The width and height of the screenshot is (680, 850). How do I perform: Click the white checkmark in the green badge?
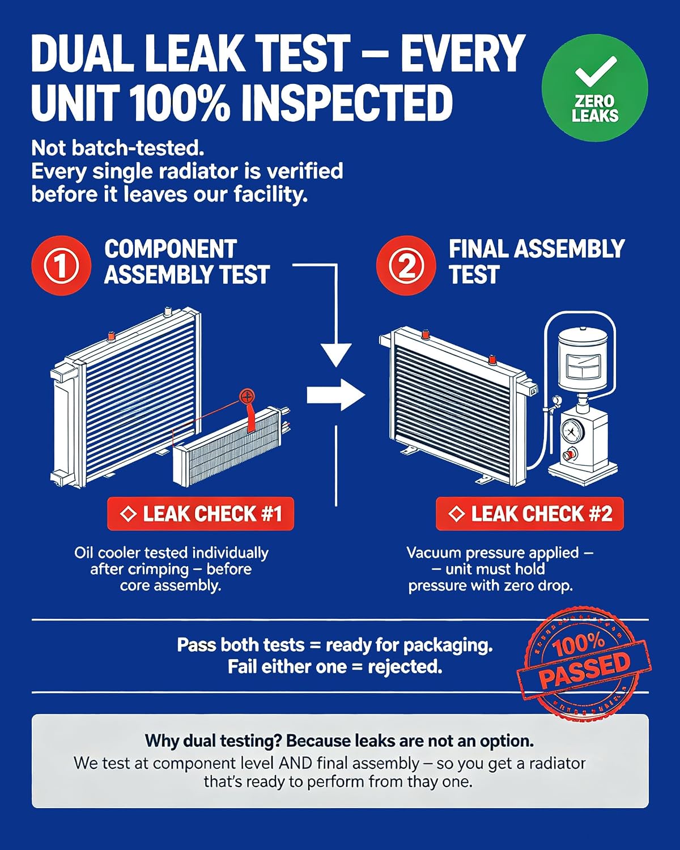pyautogui.click(x=595, y=71)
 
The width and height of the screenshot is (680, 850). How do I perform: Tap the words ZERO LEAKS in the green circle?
pyautogui.click(x=595, y=109)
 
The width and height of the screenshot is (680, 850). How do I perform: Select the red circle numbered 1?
pyautogui.click(x=61, y=265)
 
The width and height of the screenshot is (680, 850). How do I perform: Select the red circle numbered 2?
pyautogui.click(x=406, y=265)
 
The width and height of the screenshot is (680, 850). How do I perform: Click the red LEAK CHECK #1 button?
pyautogui.click(x=201, y=513)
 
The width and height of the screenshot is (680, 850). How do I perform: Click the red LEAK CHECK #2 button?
pyautogui.click(x=530, y=513)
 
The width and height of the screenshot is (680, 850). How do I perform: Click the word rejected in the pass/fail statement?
pyautogui.click(x=405, y=667)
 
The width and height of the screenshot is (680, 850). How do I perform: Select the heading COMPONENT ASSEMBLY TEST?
pyautogui.click(x=187, y=262)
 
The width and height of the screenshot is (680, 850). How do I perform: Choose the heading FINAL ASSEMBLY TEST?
pyautogui.click(x=537, y=262)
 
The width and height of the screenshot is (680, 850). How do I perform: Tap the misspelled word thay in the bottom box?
pyautogui.click(x=423, y=781)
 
